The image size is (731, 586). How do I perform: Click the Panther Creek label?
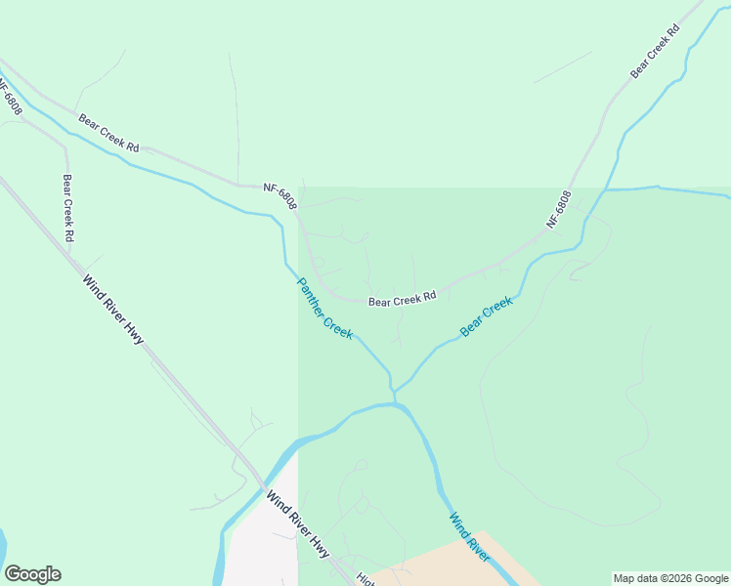tap(324, 309)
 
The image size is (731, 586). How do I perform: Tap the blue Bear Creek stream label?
tap(486, 317)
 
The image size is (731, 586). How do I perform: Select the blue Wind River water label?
tap(469, 536)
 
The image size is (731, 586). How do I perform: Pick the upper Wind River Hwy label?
tap(113, 309)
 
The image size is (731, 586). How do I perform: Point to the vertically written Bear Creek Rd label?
tap(67, 208)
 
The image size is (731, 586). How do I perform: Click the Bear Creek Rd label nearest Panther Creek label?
tap(402, 301)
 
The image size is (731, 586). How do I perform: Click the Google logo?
tap(32, 574)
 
